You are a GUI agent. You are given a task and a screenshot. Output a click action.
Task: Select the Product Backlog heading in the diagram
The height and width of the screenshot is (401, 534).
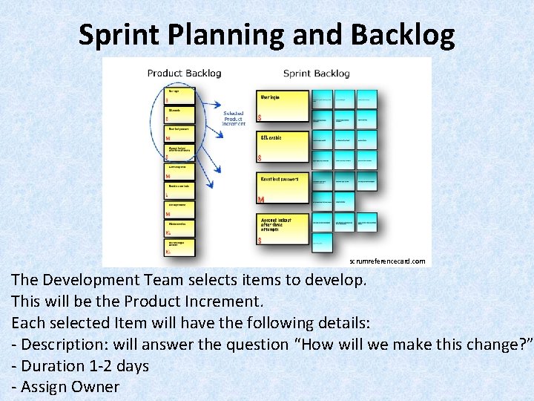coord(184,73)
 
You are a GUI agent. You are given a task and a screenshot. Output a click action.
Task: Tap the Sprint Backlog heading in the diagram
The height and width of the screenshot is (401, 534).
coord(316,73)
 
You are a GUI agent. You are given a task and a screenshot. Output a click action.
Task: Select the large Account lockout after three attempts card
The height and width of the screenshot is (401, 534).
coord(283,229)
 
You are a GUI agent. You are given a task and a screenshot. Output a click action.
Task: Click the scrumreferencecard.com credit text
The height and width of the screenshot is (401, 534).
coord(387,261)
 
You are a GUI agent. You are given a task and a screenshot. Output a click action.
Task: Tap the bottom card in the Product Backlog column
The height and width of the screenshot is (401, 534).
coord(180,247)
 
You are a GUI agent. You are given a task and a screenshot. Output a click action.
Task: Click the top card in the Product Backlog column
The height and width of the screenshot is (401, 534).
coord(180,95)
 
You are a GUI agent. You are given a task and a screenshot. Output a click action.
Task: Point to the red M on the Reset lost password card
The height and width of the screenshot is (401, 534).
coord(261,200)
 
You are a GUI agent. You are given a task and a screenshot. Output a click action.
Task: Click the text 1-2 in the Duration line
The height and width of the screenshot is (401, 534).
coord(88,366)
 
